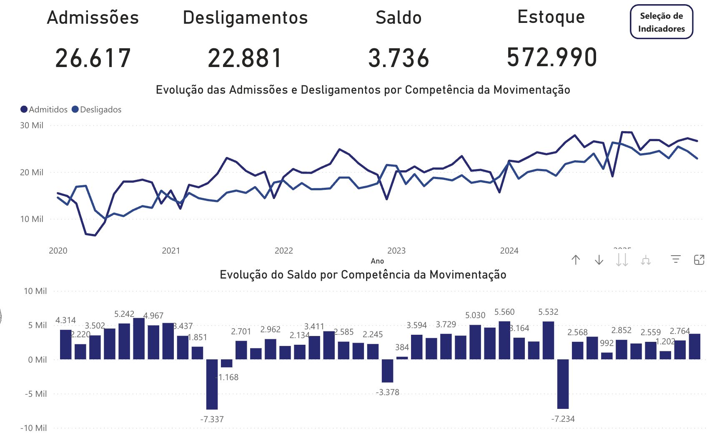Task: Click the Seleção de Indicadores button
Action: click(661, 22)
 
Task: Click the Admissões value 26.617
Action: click(93, 58)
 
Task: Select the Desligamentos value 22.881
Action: click(245, 58)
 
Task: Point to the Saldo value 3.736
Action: click(399, 58)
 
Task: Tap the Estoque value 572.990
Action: click(552, 57)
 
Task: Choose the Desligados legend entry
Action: click(97, 110)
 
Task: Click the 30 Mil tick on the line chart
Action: click(32, 125)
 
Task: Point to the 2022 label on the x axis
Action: click(283, 251)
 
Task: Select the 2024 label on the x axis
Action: click(509, 251)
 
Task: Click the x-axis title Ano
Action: click(377, 261)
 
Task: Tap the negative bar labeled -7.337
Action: click(212, 384)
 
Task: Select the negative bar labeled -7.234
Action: click(563, 383)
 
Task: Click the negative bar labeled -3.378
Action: click(387, 371)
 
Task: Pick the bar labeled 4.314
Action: click(66, 344)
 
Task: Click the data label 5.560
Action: click(504, 312)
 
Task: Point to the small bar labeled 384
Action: click(402, 358)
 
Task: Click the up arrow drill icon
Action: click(576, 260)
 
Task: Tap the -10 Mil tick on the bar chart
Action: click(34, 428)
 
